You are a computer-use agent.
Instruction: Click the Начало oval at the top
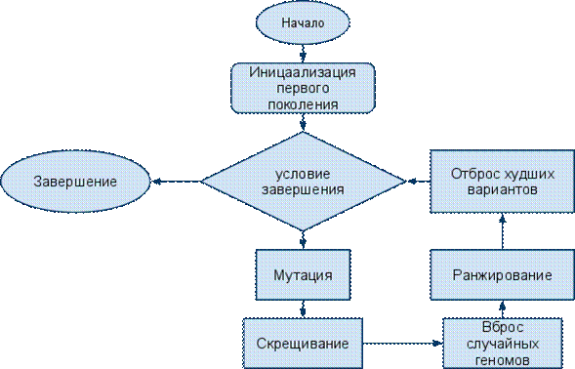pyautogui.click(x=303, y=22)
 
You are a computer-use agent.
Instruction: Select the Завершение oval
pyautogui.click(x=75, y=182)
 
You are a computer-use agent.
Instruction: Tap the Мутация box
pyautogui.click(x=303, y=274)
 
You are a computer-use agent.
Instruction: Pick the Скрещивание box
pyautogui.click(x=303, y=344)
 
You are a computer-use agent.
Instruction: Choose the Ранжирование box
pyautogui.click(x=503, y=274)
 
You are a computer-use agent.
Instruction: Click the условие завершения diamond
pyautogui.click(x=303, y=182)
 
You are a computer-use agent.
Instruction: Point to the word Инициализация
pyautogui.click(x=303, y=72)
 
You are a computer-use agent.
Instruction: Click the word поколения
pyautogui.click(x=303, y=104)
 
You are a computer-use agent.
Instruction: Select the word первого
pyautogui.click(x=303, y=88)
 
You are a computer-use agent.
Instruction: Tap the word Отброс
pyautogui.click(x=472, y=174)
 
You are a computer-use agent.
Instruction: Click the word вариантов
pyautogui.click(x=503, y=189)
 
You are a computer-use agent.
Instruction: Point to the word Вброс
pyautogui.click(x=503, y=327)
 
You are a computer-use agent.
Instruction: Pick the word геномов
pyautogui.click(x=503, y=359)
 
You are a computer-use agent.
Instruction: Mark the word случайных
pyautogui.click(x=503, y=344)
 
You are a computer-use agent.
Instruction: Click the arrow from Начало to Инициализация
pyautogui.click(x=303, y=54)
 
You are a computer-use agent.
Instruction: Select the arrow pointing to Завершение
pyautogui.click(x=176, y=182)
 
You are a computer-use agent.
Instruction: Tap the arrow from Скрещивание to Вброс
pyautogui.click(x=403, y=344)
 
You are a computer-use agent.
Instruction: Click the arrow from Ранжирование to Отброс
pyautogui.click(x=503, y=231)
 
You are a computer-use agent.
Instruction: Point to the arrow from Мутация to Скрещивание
pyautogui.click(x=303, y=308)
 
